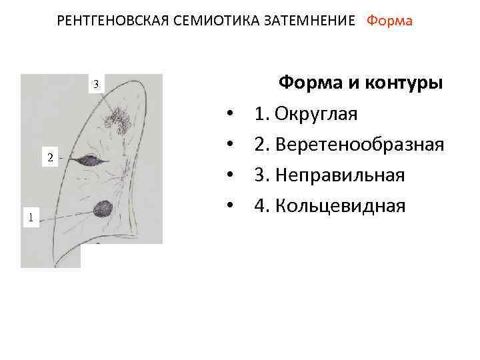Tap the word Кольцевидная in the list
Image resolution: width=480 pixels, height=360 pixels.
pyautogui.click(x=339, y=206)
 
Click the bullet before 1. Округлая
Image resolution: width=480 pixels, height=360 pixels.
pyautogui.click(x=229, y=115)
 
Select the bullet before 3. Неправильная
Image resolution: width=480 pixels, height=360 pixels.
pyautogui.click(x=229, y=177)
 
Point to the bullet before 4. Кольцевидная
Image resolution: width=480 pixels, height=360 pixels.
pyautogui.click(x=229, y=207)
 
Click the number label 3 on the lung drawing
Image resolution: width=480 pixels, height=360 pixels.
pyautogui.click(x=97, y=84)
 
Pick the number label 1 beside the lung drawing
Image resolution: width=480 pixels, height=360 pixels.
pyautogui.click(x=30, y=216)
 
